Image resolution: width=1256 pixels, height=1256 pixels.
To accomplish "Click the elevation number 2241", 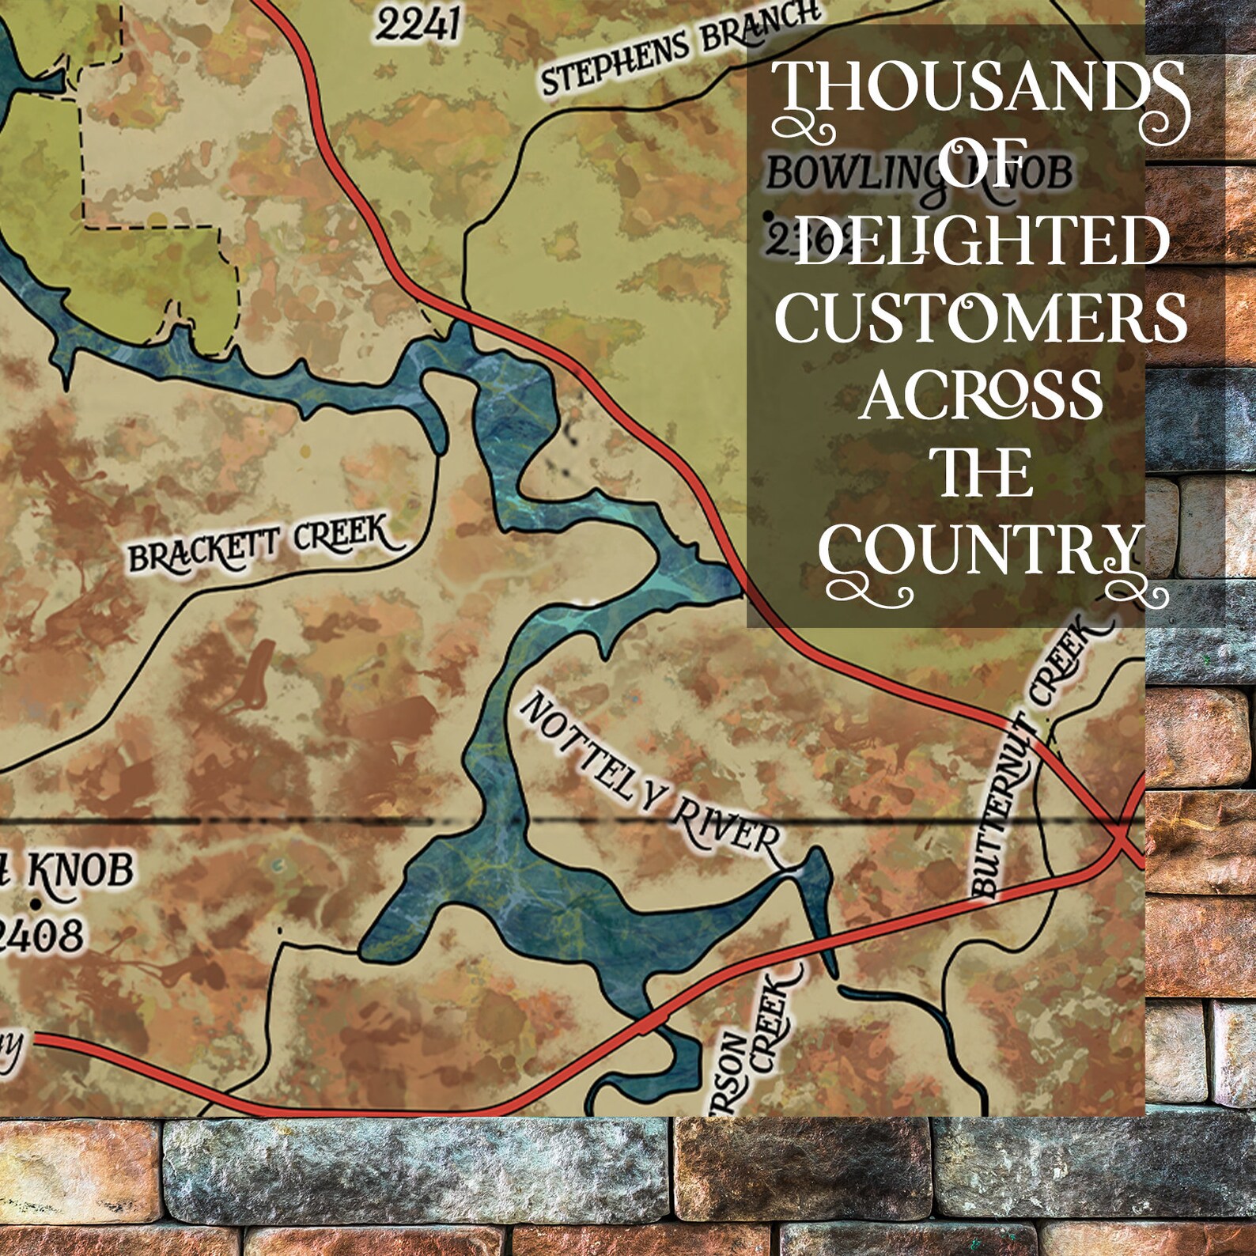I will tap(417, 25).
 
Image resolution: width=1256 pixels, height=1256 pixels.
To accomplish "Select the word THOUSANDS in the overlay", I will tap(979, 89).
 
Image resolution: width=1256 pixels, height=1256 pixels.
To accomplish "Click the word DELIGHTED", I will tap(982, 241).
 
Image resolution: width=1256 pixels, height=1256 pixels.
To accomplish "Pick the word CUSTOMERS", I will tap(981, 318).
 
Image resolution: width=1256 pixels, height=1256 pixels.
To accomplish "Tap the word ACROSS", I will tap(981, 395).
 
